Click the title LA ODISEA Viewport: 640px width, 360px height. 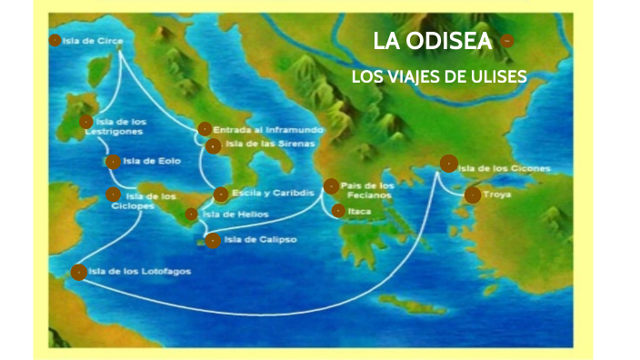coord(433,41)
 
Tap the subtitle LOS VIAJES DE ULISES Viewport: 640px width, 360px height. coord(439,76)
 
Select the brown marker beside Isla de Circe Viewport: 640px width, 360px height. coord(55,40)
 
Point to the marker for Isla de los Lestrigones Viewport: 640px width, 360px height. coord(85,122)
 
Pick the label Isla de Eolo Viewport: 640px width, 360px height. coord(152,162)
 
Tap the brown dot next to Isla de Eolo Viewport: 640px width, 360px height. coord(113,162)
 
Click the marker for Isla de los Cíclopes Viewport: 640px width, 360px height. coord(113,194)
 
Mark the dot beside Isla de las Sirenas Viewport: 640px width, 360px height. coord(213,145)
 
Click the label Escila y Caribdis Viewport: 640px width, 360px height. coord(274,194)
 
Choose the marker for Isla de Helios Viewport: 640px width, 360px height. coord(191,215)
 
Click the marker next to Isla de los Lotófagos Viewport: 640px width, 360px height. coord(79,272)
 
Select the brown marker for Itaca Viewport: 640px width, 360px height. coord(338,211)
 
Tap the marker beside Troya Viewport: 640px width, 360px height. coord(472,195)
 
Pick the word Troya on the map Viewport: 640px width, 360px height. coord(498,195)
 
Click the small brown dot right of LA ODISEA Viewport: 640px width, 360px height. coord(506,41)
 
